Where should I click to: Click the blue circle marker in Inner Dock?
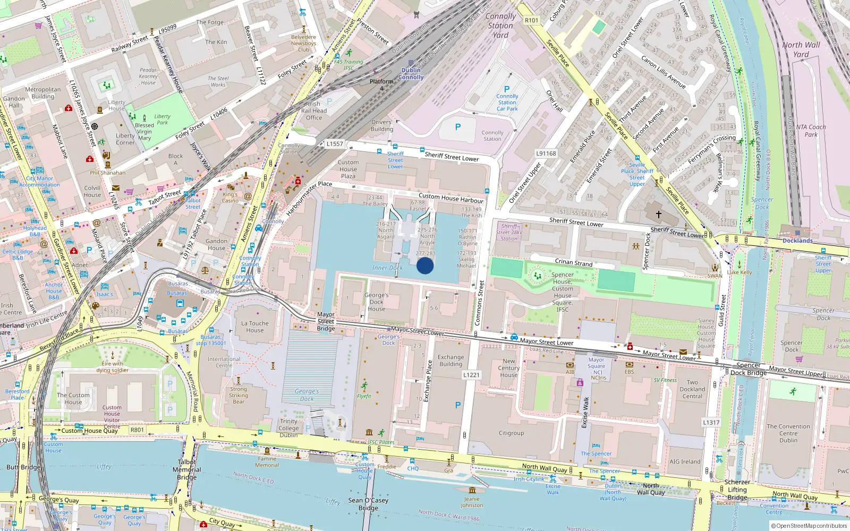425,265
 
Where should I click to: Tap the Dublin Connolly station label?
411,73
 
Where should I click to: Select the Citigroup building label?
511,433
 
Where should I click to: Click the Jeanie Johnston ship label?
472,502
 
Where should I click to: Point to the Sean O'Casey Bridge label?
368,504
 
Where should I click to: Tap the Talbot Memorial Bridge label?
187,469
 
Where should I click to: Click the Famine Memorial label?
267,462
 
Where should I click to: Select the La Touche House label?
255,327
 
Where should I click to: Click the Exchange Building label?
450,361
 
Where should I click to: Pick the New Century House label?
508,367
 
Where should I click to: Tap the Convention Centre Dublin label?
788,433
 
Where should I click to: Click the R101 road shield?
531,20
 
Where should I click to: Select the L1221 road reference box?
471,374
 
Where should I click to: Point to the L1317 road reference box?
711,422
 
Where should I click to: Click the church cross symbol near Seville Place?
658,215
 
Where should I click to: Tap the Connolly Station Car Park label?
507,102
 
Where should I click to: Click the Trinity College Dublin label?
288,428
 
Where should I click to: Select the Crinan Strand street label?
573,262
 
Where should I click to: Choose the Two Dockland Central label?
692,389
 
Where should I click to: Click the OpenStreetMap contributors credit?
809,526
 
